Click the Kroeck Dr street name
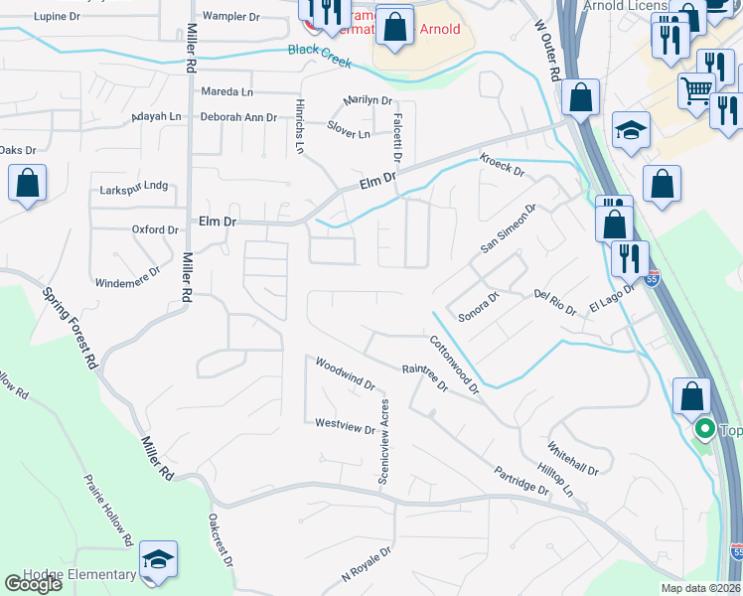[x=502, y=163]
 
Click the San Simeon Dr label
[x=509, y=228]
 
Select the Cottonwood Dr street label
[x=454, y=364]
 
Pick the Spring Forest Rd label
[x=69, y=327]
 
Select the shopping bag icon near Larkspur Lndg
[x=28, y=184]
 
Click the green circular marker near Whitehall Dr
[x=705, y=430]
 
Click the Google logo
[x=34, y=584]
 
